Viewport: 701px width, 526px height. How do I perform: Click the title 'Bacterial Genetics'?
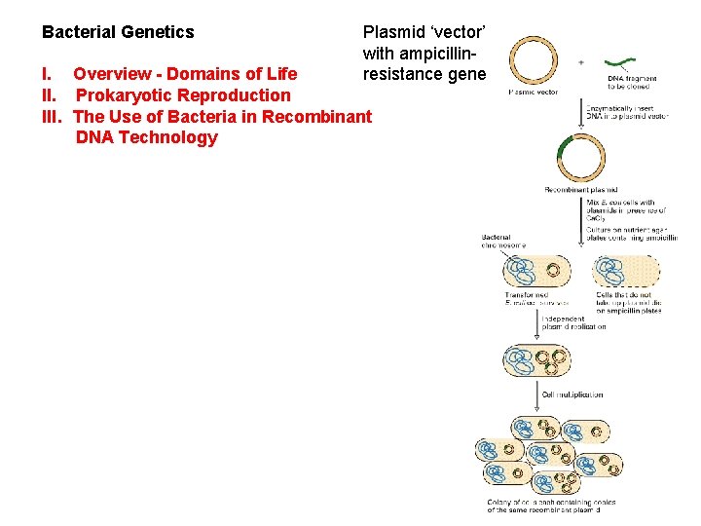pyautogui.click(x=118, y=32)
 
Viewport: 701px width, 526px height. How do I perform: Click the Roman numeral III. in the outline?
pyautogui.click(x=53, y=117)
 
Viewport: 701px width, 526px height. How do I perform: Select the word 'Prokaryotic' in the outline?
pyautogui.click(x=123, y=95)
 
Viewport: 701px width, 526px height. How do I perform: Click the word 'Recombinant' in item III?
pyautogui.click(x=318, y=117)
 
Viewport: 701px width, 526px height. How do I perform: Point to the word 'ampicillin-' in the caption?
pyautogui.click(x=424, y=53)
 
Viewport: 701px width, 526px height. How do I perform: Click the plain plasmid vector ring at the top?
pyautogui.click(x=534, y=61)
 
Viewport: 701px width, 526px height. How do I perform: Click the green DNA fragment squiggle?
pyautogui.click(x=624, y=63)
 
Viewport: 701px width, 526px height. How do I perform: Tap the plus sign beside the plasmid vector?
pyautogui.click(x=581, y=61)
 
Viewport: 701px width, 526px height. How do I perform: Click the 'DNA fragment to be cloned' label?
pyautogui.click(x=632, y=82)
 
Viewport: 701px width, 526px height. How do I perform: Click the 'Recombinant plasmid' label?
pyautogui.click(x=580, y=189)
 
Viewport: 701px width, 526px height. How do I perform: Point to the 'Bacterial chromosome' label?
pyautogui.click(x=502, y=241)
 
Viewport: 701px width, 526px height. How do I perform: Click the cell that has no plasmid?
pyautogui.click(x=626, y=270)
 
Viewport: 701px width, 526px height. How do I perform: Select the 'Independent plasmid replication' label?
pyautogui.click(x=580, y=322)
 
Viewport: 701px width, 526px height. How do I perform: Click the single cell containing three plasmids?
pyautogui.click(x=535, y=359)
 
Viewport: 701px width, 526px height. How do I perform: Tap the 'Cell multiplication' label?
pyautogui.click(x=572, y=394)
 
